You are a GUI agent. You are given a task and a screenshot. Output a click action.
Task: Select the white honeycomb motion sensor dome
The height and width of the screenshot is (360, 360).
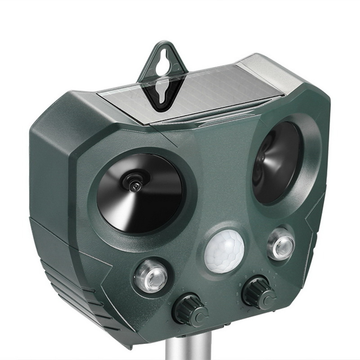[224, 252]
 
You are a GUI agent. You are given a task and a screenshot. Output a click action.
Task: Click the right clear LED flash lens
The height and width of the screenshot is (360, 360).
[280, 243]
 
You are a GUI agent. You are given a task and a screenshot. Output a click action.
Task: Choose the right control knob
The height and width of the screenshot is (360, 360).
[258, 293]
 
